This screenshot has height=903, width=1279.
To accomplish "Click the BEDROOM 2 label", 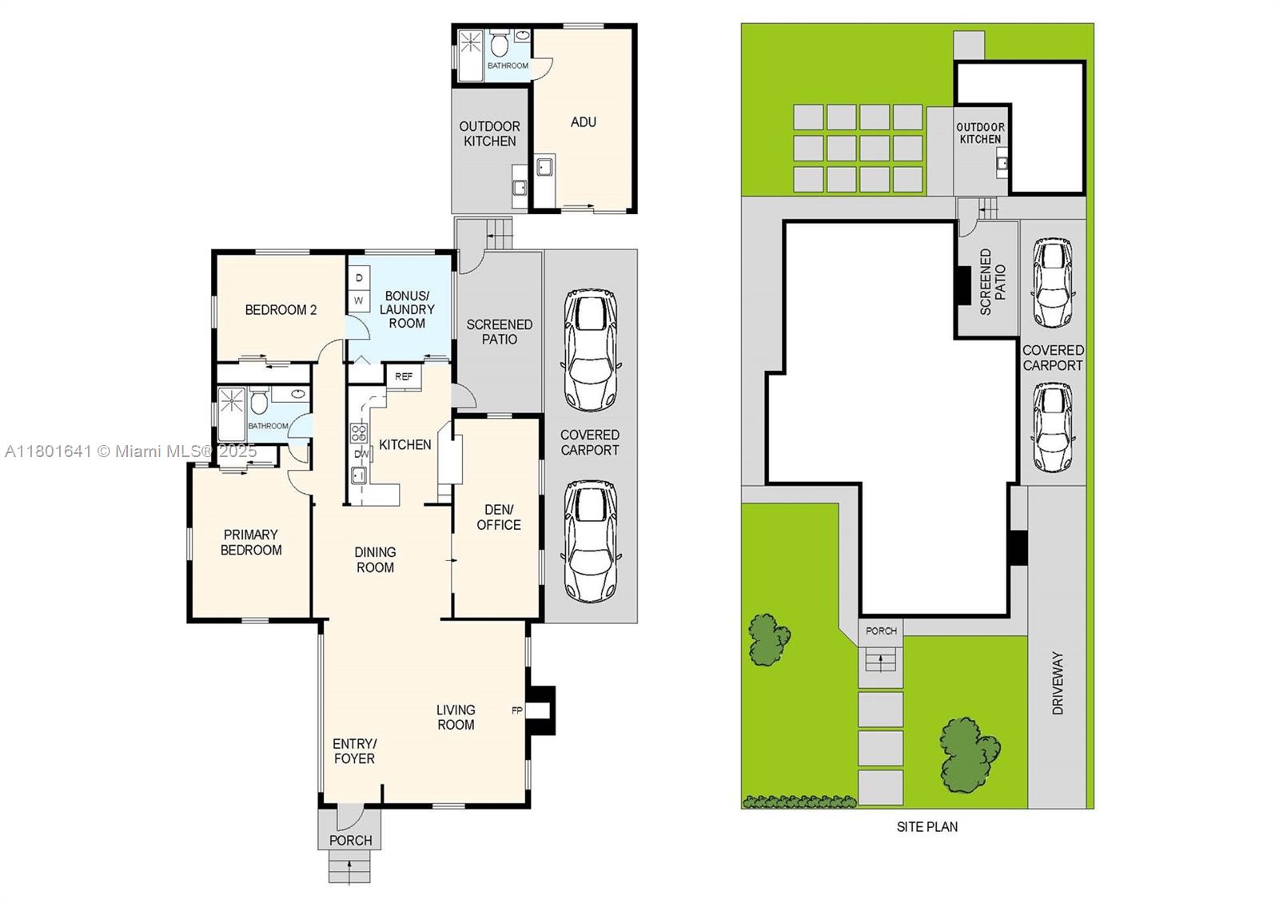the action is [281, 310].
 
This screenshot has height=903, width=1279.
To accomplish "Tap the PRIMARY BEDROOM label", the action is [251, 543].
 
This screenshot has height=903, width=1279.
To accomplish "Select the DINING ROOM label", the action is [375, 559].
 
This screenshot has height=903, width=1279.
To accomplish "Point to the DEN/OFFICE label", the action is [499, 517].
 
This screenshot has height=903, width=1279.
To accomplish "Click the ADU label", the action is [583, 121].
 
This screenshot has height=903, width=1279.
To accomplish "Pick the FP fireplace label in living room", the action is [516, 710].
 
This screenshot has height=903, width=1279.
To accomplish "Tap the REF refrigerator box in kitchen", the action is [404, 376].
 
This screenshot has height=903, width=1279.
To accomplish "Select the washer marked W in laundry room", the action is [359, 300].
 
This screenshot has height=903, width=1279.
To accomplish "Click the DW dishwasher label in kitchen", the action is [361, 454].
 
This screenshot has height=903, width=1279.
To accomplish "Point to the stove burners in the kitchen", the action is [359, 432].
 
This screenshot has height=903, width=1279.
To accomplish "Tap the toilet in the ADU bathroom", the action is [500, 43].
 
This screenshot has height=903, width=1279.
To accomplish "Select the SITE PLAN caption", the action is [927, 826].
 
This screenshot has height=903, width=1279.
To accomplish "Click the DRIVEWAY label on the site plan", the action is [1058, 683].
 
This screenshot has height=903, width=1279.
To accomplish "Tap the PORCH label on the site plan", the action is [881, 631].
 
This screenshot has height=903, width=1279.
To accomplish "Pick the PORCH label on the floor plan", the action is [351, 840].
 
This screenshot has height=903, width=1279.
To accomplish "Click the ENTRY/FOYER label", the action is [354, 751].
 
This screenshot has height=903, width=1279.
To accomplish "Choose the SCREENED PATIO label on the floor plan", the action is [499, 332].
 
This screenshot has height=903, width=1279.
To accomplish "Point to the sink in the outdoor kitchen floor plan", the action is [520, 187].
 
